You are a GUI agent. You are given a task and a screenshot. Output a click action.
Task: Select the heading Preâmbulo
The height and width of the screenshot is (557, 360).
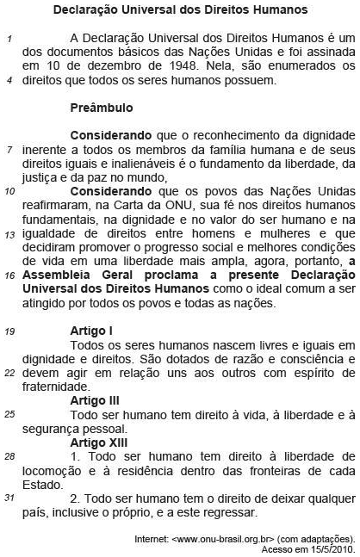101,109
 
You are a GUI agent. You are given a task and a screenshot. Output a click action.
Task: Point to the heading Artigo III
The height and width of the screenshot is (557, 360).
96,400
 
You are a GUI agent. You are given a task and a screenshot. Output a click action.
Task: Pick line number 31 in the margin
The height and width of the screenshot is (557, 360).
9,498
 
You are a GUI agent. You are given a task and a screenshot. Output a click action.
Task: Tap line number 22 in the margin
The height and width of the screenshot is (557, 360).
9,373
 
